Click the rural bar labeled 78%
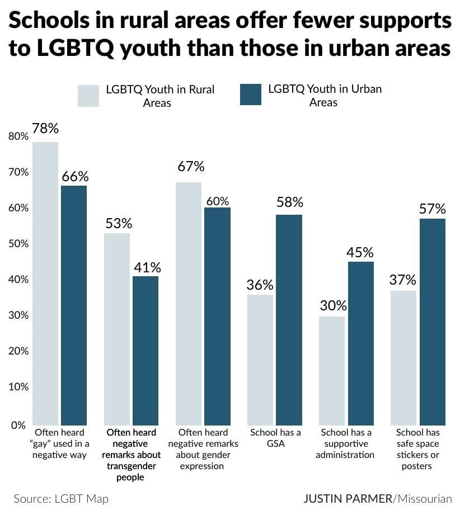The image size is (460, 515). (45, 284)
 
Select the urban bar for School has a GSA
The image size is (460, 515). (289, 320)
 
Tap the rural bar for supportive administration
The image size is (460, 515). (332, 371)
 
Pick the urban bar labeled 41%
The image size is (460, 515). (145, 351)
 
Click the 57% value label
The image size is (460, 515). (433, 209)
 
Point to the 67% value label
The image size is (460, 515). (190, 167)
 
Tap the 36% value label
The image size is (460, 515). (260, 284)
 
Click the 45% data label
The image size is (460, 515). (361, 252)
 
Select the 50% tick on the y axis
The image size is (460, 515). (18, 244)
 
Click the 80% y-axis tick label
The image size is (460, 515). (18, 136)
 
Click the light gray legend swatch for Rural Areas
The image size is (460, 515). (88, 96)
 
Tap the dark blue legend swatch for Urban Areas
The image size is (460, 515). (250, 95)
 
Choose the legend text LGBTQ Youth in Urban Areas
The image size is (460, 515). (325, 96)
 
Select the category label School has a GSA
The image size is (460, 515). (275, 438)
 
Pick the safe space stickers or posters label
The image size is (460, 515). (417, 449)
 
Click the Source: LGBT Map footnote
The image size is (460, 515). (61, 499)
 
